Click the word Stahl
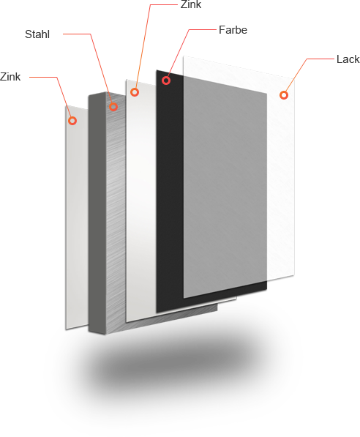click(37, 34)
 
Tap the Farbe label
click(233, 30)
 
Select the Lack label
click(348, 59)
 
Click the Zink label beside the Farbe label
click(191, 4)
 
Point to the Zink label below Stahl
click(10, 77)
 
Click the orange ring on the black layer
click(166, 81)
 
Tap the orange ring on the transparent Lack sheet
click(284, 95)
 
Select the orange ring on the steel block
click(113, 107)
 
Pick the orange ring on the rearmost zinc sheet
click(72, 121)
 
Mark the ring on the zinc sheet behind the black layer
click(135, 92)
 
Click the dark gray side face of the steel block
click(97, 213)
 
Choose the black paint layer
click(170, 193)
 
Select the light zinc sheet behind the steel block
click(77, 217)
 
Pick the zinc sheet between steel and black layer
click(140, 201)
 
